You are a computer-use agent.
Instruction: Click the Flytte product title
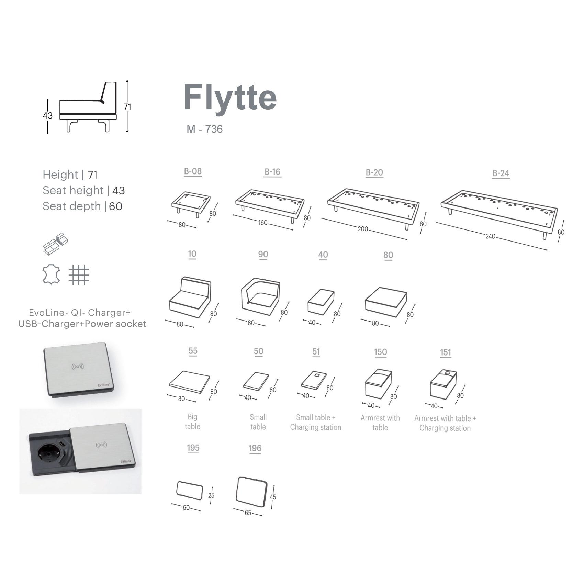[x=230, y=97]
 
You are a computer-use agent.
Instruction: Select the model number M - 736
[x=205, y=129]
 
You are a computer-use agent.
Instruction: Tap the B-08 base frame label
[x=193, y=171]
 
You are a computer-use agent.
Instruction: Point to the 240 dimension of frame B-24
[x=490, y=236]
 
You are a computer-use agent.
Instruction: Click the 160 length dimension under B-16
[x=263, y=223]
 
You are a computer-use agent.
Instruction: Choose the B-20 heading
[x=374, y=172]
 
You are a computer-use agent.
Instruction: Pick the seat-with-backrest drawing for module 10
[x=190, y=297]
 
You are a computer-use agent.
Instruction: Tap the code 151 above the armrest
[x=445, y=352]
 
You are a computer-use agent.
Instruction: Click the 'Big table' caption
[x=192, y=422]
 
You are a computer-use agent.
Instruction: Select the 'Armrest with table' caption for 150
[x=380, y=423]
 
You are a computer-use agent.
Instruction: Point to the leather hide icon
[x=51, y=275]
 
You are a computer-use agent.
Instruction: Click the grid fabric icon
[x=79, y=275]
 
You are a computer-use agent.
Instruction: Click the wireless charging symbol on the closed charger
[x=78, y=367]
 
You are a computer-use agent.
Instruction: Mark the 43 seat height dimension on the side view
[x=47, y=115]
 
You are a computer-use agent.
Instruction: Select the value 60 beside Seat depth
[x=116, y=206]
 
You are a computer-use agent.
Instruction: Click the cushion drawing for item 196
[x=251, y=492]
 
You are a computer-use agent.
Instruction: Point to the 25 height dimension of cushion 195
[x=211, y=495]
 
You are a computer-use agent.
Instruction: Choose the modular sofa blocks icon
[x=55, y=244]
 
